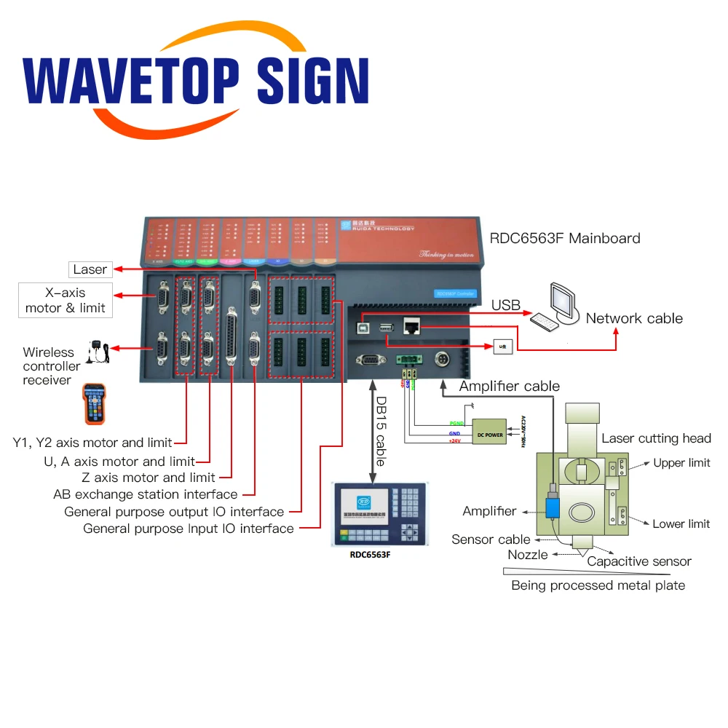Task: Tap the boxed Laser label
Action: pos(90,269)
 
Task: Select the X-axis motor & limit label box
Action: pos(66,301)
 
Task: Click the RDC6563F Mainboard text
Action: pos(565,238)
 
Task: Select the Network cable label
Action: pos(634,318)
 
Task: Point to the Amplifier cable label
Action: pos(510,386)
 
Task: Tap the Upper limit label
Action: pos(681,463)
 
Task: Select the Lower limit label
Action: pos(681,523)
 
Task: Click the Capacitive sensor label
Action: pos(639,561)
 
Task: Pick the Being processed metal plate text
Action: pos(598,585)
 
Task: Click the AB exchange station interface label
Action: pos(146,494)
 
